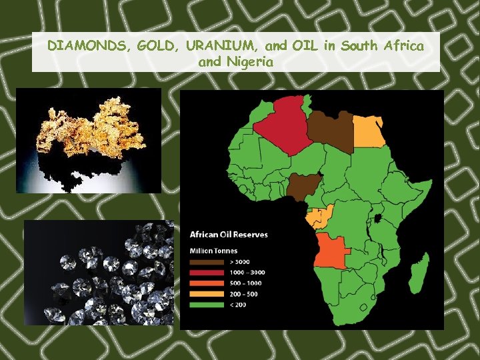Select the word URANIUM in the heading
(221, 46)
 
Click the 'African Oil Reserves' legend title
(229, 234)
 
